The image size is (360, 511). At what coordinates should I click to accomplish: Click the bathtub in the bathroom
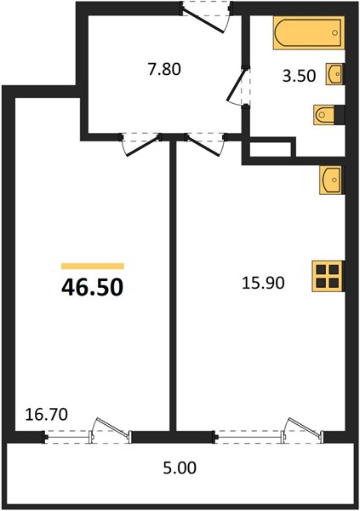coord(309,32)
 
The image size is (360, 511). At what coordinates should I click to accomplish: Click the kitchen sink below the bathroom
coord(332,180)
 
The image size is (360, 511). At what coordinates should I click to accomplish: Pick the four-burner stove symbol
coord(328,276)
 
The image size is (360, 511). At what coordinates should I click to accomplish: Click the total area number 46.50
coord(93,287)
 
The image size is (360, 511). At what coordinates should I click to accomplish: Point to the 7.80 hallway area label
coord(164,70)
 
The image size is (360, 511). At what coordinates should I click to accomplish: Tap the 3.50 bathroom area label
coord(299,76)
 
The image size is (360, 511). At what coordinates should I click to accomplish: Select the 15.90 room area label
coord(263,283)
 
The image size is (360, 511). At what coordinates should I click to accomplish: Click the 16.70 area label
coord(47,415)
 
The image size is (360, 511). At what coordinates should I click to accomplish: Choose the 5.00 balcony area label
coord(180,468)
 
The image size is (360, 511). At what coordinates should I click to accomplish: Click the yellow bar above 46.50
coord(93,267)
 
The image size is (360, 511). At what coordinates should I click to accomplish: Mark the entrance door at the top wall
coord(203,20)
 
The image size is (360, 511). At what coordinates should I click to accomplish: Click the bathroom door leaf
coord(235,83)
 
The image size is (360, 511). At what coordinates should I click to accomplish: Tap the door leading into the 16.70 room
coord(143,146)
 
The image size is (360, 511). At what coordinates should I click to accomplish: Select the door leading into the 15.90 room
coord(203,146)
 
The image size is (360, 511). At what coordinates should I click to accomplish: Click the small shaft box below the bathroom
coord(270,149)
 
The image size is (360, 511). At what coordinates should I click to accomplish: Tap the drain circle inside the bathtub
coord(334,32)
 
